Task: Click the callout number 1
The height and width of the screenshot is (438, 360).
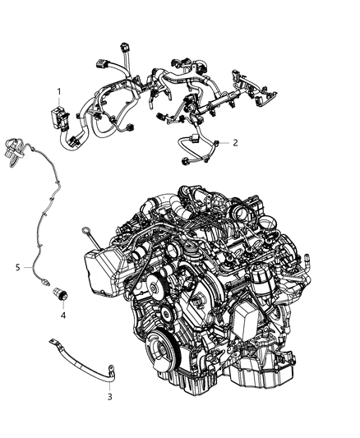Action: pyautogui.click(x=58, y=90)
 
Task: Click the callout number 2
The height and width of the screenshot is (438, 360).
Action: pyautogui.click(x=235, y=142)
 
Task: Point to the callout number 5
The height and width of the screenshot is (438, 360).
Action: pyautogui.click(x=17, y=267)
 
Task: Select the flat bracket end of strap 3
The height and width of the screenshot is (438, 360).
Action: pyautogui.click(x=75, y=339)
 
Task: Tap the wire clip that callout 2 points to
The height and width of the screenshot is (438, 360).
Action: pyautogui.click(x=216, y=144)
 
